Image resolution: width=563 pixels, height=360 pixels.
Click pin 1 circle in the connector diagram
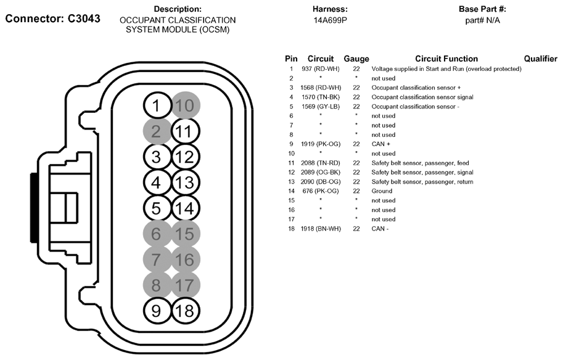(x=157, y=105)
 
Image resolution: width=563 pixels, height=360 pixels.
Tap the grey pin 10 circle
(x=185, y=105)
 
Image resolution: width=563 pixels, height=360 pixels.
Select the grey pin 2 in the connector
(x=157, y=131)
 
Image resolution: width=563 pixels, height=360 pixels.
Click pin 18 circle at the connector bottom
(x=185, y=310)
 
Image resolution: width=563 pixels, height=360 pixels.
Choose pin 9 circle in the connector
(x=157, y=310)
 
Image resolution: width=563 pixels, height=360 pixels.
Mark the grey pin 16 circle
(x=185, y=260)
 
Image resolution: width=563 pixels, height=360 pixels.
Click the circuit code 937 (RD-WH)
(x=321, y=69)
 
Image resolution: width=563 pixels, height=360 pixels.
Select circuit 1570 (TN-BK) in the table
(x=321, y=97)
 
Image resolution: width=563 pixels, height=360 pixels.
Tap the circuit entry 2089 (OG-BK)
(x=321, y=173)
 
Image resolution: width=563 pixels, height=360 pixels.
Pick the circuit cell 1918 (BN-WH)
(x=321, y=229)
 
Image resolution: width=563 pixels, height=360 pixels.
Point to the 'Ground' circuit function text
(x=382, y=191)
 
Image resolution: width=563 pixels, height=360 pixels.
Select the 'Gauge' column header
(x=356, y=59)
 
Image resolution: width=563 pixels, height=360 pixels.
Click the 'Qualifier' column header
(x=540, y=59)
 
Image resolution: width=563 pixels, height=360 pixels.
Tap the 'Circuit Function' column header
(x=446, y=59)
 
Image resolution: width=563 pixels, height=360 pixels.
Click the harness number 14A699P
(x=330, y=20)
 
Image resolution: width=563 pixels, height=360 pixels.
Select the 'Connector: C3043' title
(x=52, y=18)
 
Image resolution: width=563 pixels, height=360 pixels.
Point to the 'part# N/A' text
(x=482, y=20)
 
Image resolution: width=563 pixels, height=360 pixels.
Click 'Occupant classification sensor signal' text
(x=422, y=97)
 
